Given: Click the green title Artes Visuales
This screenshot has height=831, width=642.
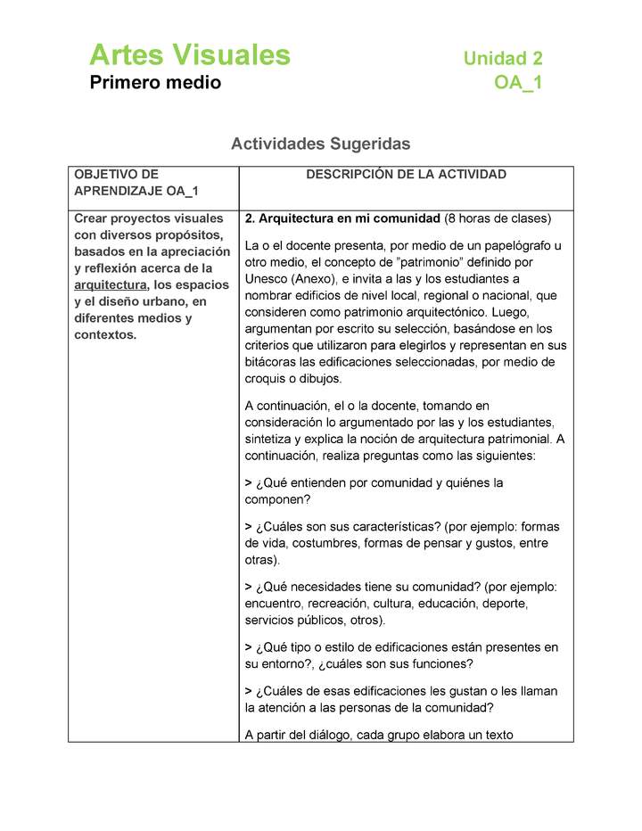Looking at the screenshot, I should (189, 55).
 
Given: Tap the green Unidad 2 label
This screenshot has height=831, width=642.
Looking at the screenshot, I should (502, 59).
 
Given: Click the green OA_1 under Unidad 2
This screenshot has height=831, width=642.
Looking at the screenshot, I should (518, 83).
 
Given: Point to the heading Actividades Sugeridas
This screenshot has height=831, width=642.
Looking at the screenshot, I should (320, 144).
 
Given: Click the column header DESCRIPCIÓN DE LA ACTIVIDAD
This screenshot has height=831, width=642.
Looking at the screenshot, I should (406, 175).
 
